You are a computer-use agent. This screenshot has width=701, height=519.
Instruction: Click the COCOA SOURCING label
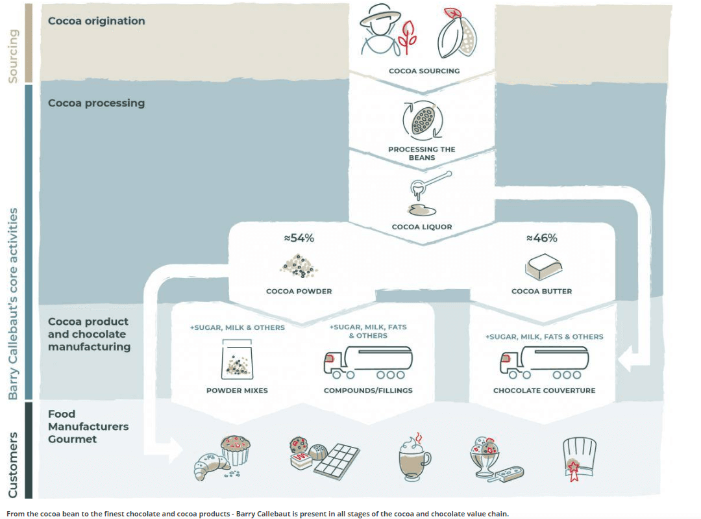(424, 71)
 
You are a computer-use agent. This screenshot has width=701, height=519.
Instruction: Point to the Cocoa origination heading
(97, 21)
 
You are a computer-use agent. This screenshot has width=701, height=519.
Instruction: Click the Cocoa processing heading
(96, 103)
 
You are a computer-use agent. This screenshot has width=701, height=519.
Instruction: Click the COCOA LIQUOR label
(421, 227)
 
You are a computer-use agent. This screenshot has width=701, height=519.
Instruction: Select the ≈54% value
(299, 238)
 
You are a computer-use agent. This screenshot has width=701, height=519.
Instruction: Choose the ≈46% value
(541, 238)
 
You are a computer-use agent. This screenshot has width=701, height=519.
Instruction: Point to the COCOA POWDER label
(299, 292)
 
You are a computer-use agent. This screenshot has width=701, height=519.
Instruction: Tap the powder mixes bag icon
(237, 362)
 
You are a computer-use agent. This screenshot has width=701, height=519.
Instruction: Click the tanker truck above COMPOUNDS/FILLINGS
(367, 361)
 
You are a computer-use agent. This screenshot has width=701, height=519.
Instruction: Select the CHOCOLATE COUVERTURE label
(544, 391)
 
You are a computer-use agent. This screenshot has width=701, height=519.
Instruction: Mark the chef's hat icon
(578, 458)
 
